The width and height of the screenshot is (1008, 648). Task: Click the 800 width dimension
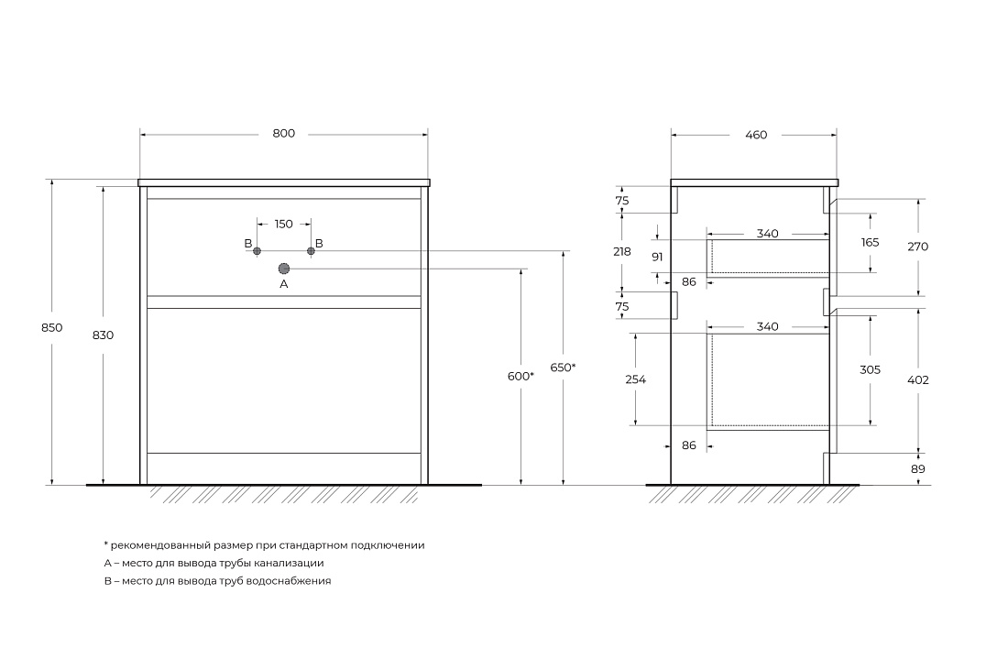[283, 134]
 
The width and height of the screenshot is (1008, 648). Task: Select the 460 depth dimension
[756, 135]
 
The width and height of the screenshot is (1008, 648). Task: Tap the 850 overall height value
[52, 328]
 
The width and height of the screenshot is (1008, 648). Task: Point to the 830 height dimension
[103, 335]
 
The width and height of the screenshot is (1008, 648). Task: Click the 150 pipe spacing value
[283, 225]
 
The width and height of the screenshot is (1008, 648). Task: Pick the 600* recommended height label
[520, 377]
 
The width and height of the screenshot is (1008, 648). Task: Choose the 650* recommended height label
[563, 368]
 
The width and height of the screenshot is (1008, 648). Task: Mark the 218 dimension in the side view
[621, 252]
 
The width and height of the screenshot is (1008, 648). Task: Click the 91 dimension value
[657, 258]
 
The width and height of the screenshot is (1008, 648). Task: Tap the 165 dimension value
[870, 243]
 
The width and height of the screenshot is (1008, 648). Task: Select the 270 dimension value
[918, 247]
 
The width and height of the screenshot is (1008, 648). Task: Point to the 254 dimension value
[635, 380]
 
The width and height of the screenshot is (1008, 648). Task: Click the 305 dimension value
[870, 370]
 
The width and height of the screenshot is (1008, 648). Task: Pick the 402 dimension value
[918, 380]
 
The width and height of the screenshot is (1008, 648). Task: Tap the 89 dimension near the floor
[918, 469]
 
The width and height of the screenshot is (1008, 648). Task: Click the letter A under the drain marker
[283, 284]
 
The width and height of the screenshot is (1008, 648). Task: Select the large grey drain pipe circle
[283, 269]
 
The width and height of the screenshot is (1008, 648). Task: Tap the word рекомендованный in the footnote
[160, 545]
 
